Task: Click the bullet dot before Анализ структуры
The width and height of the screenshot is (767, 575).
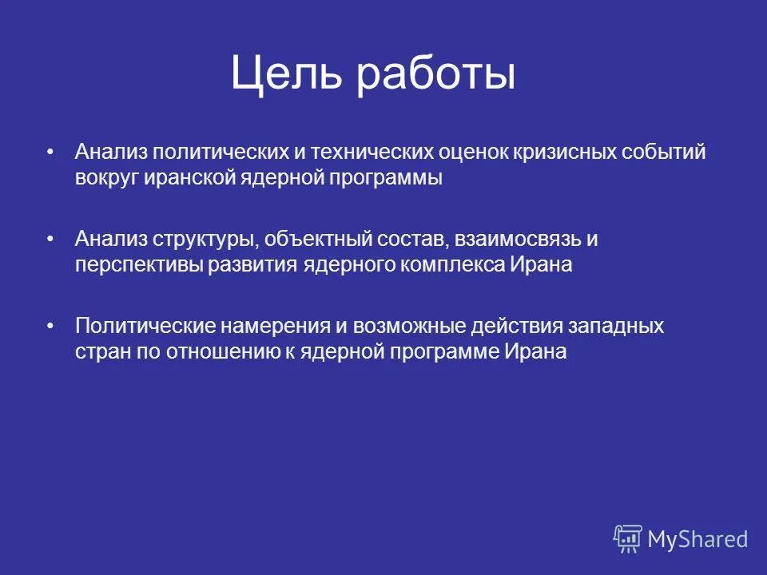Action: click(x=50, y=238)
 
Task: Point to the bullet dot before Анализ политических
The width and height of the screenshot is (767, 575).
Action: click(x=50, y=151)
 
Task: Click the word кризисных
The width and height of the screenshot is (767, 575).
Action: click(x=570, y=152)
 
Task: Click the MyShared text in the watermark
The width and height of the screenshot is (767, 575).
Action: click(x=697, y=539)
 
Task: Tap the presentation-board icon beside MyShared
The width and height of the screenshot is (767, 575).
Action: click(x=627, y=538)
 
